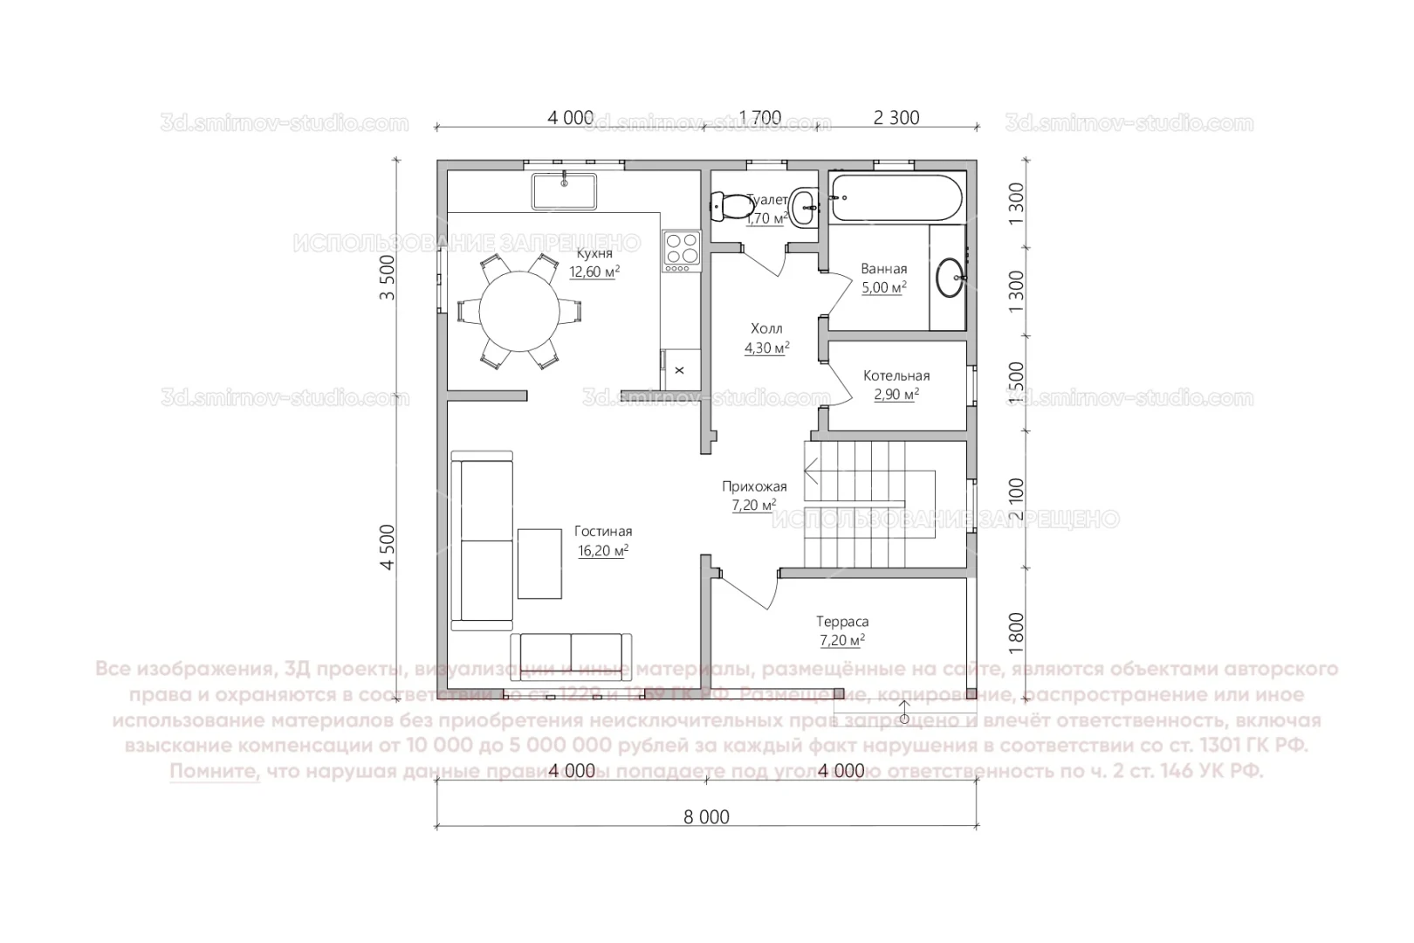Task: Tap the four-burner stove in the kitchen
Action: [x=681, y=247]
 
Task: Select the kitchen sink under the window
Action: [x=564, y=191]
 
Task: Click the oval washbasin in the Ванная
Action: [x=949, y=277]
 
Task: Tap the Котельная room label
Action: [x=896, y=376]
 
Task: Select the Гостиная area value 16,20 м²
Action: [x=603, y=551]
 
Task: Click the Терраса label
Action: [x=842, y=623]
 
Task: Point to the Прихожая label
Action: [x=754, y=487]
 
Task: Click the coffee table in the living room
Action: [x=539, y=563]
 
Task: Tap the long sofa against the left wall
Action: [x=482, y=540]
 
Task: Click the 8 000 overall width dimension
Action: [x=706, y=818]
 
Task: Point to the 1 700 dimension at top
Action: [x=760, y=118]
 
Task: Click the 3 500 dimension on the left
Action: [x=388, y=278]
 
